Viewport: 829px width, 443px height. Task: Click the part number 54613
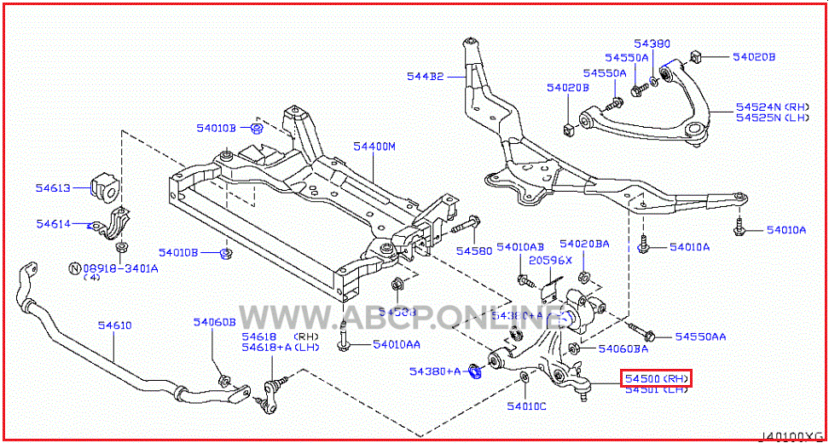click(x=53, y=187)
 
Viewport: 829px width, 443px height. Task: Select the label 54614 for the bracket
click(x=53, y=224)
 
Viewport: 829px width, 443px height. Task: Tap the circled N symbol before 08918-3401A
click(x=74, y=268)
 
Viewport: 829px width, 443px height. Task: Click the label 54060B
click(x=213, y=322)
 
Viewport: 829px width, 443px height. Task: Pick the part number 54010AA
click(x=396, y=344)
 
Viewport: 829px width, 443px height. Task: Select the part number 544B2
click(x=425, y=77)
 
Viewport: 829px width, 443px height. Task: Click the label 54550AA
click(x=701, y=337)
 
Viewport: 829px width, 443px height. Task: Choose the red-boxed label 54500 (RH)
click(x=656, y=377)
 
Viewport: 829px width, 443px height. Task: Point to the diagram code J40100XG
click(x=792, y=434)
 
